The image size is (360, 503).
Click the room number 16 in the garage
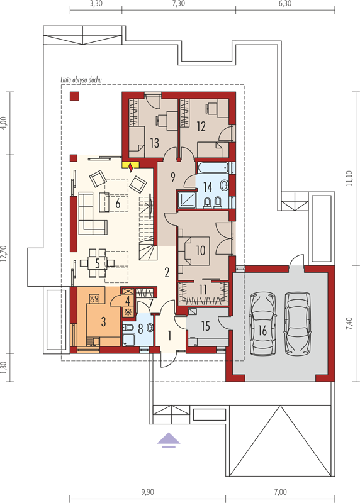262,330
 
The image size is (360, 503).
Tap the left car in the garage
262,324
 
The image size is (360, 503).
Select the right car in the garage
298,323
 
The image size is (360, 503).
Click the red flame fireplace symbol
131,167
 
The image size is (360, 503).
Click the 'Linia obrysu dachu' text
81,80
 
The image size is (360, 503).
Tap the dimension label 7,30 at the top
179,4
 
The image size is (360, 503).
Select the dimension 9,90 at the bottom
147,492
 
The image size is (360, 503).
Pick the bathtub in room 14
213,168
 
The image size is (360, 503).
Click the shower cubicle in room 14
186,199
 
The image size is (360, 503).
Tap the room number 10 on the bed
200,250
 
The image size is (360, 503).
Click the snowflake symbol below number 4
128,311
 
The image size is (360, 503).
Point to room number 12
201,126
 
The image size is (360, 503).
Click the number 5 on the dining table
98,263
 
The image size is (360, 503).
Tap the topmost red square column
74,96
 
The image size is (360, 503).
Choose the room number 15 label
206,326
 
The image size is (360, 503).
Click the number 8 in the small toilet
140,329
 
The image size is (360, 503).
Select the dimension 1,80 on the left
4,368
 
